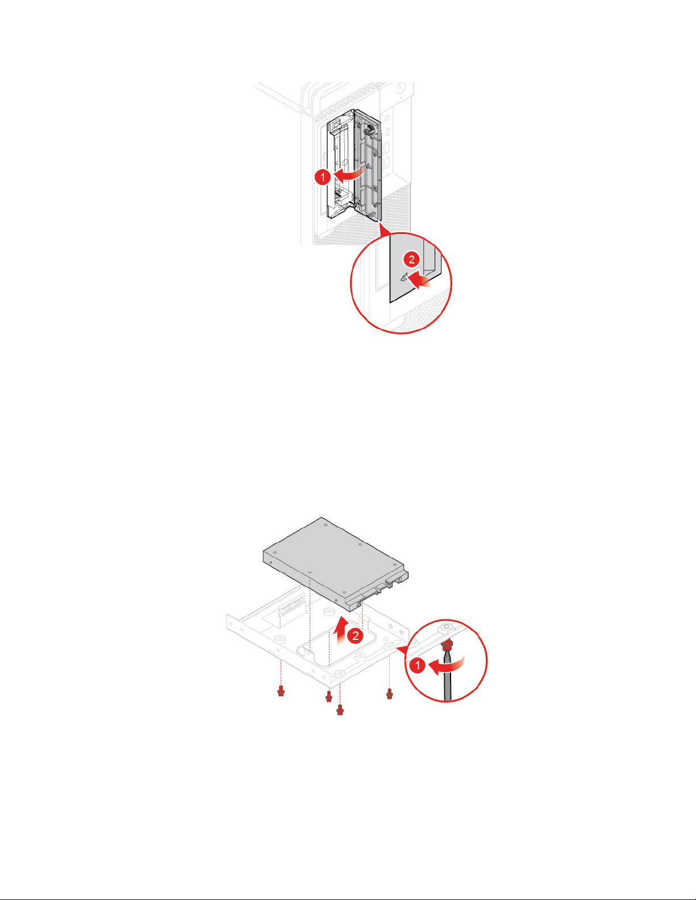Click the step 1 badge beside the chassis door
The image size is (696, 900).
[323, 177]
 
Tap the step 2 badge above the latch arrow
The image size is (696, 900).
[411, 259]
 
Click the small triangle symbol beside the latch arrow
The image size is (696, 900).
[403, 277]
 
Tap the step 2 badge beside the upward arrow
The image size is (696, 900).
[356, 636]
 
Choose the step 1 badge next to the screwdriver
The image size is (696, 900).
[418, 665]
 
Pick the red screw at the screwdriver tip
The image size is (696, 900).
[446, 643]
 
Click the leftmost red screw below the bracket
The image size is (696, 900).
[281, 690]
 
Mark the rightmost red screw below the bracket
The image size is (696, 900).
[389, 693]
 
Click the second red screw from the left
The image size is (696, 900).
[329, 696]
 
